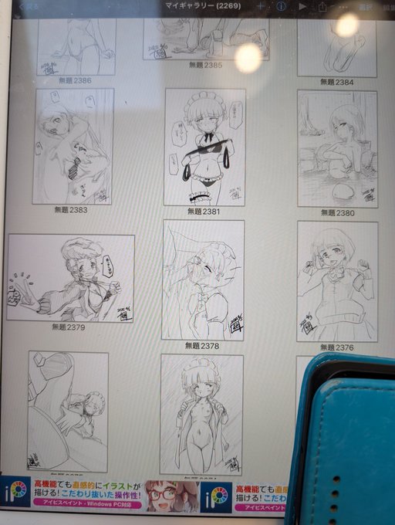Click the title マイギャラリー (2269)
(207, 6)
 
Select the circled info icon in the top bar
(281, 6)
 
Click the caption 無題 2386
(73, 80)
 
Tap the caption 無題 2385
(204, 66)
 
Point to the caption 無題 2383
(71, 209)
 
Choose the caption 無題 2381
(204, 211)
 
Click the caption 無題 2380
(337, 213)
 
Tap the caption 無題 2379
(69, 327)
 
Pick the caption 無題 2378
(202, 346)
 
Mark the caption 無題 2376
(336, 347)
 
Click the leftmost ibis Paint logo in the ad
(15, 494)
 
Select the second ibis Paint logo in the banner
(215, 495)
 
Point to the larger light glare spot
(248, 57)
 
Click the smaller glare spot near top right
(346, 25)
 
